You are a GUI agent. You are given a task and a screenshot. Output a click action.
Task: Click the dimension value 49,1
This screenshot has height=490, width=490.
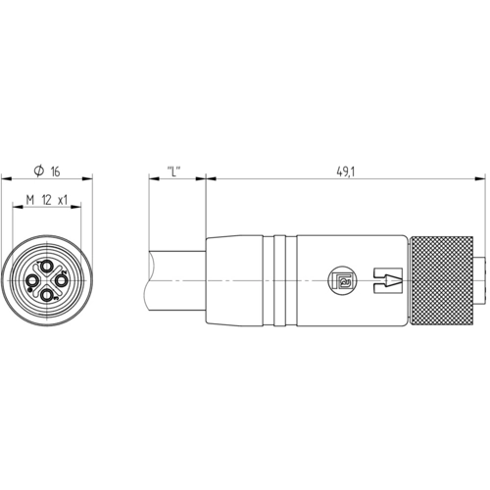[346, 171]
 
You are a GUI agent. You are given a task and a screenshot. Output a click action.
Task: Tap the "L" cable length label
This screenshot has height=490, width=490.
[173, 171]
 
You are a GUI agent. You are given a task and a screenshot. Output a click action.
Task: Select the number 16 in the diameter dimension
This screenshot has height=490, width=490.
[55, 171]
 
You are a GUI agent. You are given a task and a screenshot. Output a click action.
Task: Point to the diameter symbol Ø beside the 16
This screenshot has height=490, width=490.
[39, 171]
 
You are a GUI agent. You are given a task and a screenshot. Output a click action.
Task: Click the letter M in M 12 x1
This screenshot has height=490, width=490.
[30, 200]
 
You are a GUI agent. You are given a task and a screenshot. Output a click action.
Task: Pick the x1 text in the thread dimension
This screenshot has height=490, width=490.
[63, 200]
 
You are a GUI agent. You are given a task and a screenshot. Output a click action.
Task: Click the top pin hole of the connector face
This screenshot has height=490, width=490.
[47, 267]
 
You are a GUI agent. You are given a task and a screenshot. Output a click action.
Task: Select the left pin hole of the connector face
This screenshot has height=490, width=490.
[33, 280]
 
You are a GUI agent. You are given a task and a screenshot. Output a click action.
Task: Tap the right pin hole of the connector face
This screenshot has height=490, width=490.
[61, 280]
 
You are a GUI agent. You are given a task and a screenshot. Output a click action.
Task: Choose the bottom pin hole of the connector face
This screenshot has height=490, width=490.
[47, 295]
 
